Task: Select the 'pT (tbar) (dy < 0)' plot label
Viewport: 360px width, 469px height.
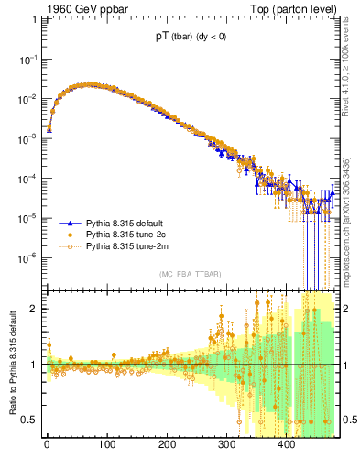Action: [192, 38]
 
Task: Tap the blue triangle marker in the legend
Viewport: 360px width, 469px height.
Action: [66, 224]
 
